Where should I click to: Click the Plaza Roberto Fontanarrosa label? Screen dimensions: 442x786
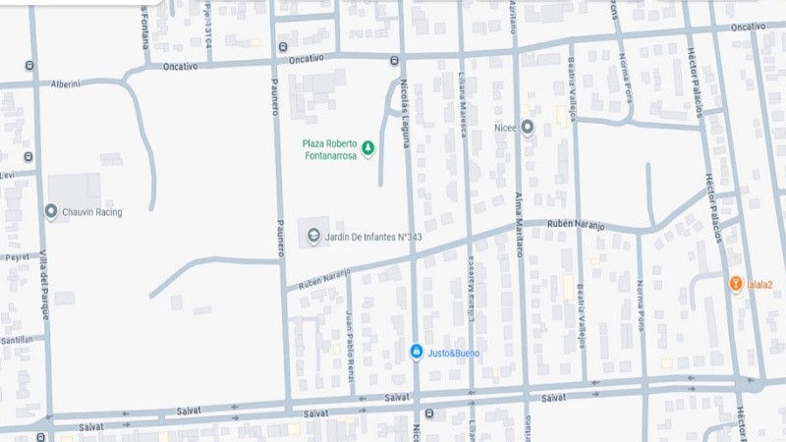click(x=329, y=149)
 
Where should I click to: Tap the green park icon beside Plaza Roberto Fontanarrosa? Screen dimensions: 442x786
click(x=367, y=149)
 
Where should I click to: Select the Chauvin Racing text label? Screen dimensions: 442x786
click(x=90, y=212)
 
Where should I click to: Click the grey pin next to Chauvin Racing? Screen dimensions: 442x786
click(x=51, y=211)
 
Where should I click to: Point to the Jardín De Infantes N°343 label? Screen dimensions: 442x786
click(x=373, y=237)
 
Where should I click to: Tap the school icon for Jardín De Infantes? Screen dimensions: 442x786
click(x=313, y=236)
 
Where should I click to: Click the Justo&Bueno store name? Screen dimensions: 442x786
click(x=453, y=352)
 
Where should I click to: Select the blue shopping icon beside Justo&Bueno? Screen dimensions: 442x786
click(x=417, y=351)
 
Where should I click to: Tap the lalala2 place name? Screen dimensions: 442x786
click(x=761, y=286)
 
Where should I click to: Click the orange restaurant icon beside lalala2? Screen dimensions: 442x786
click(x=735, y=285)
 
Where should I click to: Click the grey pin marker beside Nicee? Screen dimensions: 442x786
click(x=528, y=127)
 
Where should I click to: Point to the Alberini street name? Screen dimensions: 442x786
click(x=65, y=84)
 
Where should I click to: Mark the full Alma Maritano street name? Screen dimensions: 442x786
click(x=519, y=224)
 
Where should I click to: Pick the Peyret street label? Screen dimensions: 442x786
click(x=17, y=256)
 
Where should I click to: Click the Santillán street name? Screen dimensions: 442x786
click(x=17, y=339)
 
